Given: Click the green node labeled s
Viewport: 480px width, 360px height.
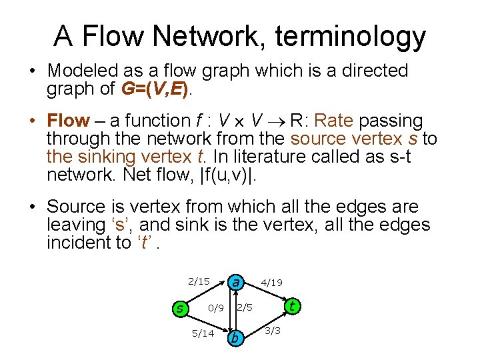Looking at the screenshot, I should [x=179, y=308].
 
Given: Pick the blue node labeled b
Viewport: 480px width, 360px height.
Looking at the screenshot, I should [x=234, y=338].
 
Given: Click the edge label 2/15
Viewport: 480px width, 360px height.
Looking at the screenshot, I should [x=198, y=281].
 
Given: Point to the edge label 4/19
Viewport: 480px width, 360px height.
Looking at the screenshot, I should [x=271, y=283].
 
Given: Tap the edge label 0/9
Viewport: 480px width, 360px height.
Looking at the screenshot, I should [x=215, y=308].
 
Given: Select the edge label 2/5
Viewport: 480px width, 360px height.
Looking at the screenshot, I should [x=245, y=307].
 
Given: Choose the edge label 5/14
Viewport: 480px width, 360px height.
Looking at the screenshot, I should [x=202, y=333].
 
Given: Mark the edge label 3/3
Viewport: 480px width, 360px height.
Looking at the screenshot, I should [x=273, y=331].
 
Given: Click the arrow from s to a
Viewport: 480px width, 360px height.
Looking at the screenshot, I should [x=207, y=294].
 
